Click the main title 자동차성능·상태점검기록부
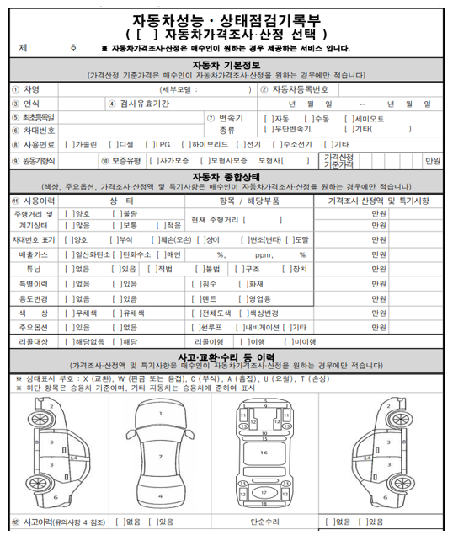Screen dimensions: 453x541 (x=226, y=19)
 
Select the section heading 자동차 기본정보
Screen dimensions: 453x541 (x=226, y=65)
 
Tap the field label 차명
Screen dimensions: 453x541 (x=32, y=89)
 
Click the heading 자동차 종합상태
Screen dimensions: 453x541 (x=226, y=176)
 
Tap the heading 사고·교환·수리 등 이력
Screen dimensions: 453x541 (x=226, y=357)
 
